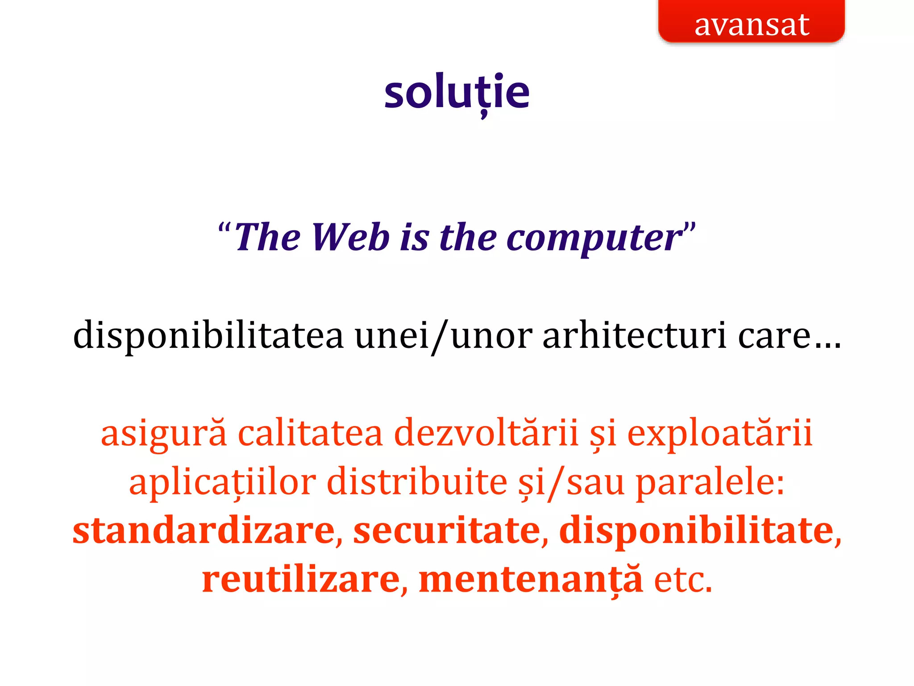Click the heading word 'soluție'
[x=457, y=92]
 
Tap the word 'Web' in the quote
[x=350, y=237]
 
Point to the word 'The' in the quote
[x=268, y=237]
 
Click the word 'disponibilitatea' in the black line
[x=208, y=335]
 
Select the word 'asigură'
[x=164, y=433]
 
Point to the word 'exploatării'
[x=719, y=433]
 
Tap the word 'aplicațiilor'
[x=222, y=482]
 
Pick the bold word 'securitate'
[x=447, y=530]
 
